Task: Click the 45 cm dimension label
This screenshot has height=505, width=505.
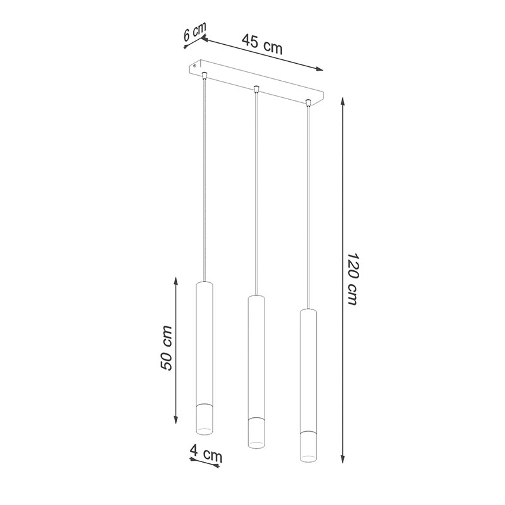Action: coord(262,44)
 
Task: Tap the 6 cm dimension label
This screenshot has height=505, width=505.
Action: coord(194,31)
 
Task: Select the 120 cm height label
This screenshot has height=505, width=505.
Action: coord(353,278)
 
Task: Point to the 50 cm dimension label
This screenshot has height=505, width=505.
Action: coord(167,348)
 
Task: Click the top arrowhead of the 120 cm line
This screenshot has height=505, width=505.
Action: coord(343,101)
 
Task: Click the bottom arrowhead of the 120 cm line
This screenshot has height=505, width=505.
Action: coord(343,458)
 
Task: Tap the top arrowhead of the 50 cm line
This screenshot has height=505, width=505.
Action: coord(176,282)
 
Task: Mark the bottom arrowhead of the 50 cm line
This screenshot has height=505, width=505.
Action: coord(176,419)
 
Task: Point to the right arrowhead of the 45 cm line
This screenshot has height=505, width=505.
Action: coord(319,69)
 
